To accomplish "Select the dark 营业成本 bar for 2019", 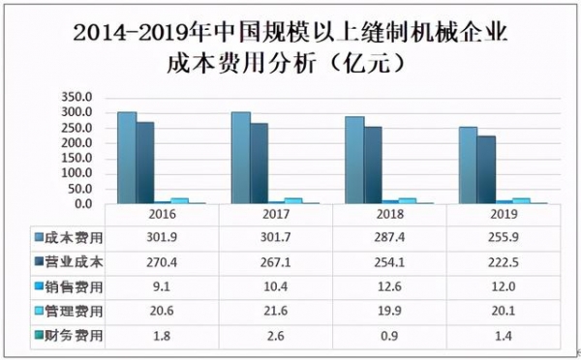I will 485,169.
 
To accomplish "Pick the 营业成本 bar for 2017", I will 259,163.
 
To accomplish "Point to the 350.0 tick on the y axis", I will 76,98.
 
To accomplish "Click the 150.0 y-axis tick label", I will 76,159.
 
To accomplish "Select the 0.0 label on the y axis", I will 82,204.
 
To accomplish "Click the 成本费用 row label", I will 81,237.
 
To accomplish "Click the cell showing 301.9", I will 162,237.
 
